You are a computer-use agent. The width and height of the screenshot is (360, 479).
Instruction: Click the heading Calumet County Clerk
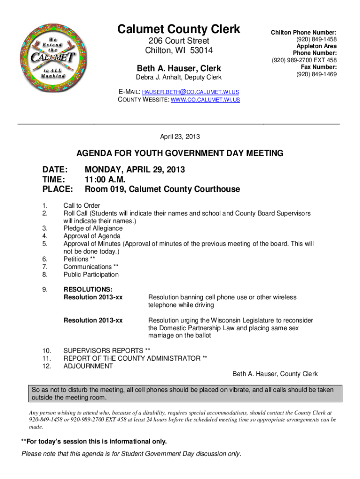tap(179, 29)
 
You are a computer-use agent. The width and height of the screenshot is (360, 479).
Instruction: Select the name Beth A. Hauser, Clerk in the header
tap(179, 68)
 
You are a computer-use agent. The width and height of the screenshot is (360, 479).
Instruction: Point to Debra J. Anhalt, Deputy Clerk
tap(179, 77)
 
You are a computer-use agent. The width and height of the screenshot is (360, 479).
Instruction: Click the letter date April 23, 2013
tap(180, 137)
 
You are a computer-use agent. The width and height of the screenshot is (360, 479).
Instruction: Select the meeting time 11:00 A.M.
tap(105, 179)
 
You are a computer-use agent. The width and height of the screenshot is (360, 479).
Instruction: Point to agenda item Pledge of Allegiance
tap(93, 228)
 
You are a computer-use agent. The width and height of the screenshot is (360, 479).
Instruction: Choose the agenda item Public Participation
tap(91, 275)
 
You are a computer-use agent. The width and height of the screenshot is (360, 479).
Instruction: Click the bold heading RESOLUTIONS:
tap(88, 289)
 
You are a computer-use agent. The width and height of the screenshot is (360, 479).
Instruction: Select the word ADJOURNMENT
tap(88, 366)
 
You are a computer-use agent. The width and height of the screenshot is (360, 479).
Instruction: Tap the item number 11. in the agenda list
tap(46, 358)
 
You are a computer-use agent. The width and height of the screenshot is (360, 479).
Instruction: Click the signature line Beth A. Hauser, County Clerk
tap(275, 374)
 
